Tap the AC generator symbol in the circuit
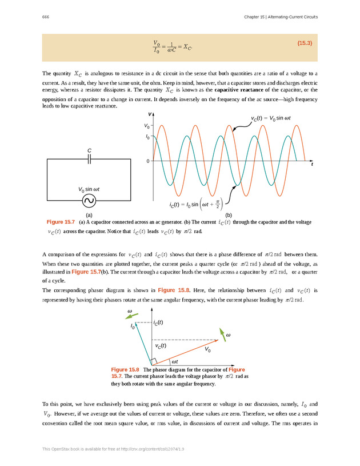[x=89, y=200]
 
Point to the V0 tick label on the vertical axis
[x=147, y=125]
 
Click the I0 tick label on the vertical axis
[x=147, y=137]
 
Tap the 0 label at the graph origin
[x=147, y=161]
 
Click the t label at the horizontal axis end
[x=312, y=165]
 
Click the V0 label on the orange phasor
[x=207, y=349]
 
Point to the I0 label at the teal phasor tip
[x=133, y=326]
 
